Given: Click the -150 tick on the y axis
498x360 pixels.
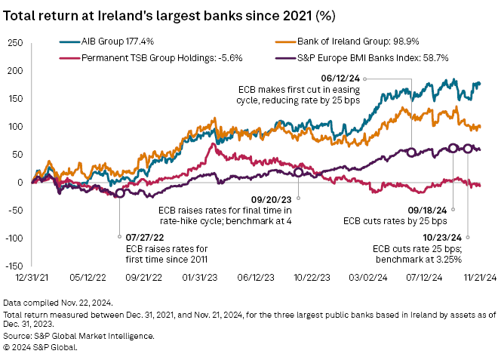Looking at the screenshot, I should tap(14, 266).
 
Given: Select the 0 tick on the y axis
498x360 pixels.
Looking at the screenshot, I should tap(21, 182).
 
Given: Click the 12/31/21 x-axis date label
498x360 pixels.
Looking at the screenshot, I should tap(32, 278).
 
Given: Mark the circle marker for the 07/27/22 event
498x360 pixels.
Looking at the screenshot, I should tap(118, 194).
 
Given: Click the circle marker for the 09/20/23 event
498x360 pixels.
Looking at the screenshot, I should tap(298, 172).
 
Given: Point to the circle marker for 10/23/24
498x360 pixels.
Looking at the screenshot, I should tap(469, 149).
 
